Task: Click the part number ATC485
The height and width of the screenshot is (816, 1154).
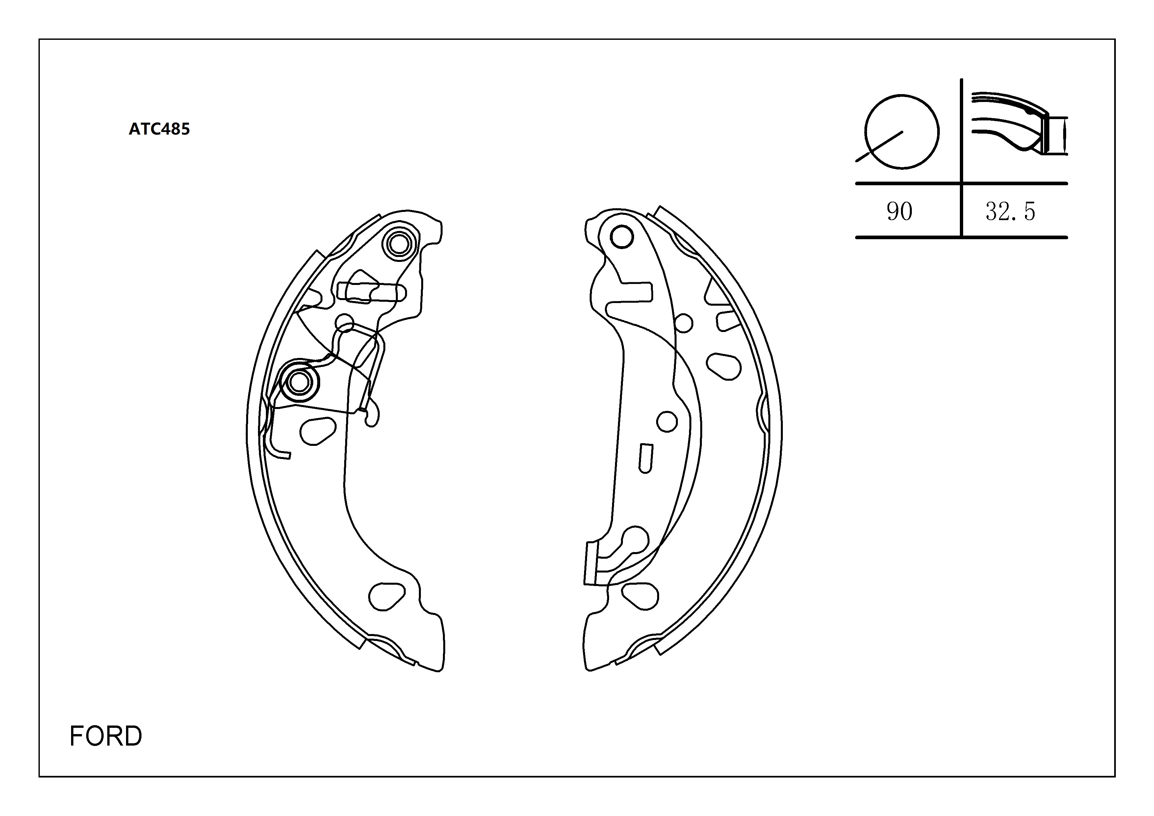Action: pos(159,129)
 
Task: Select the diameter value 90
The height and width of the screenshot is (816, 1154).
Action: pos(899,212)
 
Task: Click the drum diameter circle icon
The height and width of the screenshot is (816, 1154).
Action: pos(902,132)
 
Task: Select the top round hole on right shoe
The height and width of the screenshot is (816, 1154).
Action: pos(622,237)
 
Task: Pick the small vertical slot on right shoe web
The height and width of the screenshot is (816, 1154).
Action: pos(645,458)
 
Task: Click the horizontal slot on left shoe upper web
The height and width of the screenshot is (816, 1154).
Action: pos(372,292)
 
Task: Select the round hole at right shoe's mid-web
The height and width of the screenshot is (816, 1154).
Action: pos(667,421)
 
